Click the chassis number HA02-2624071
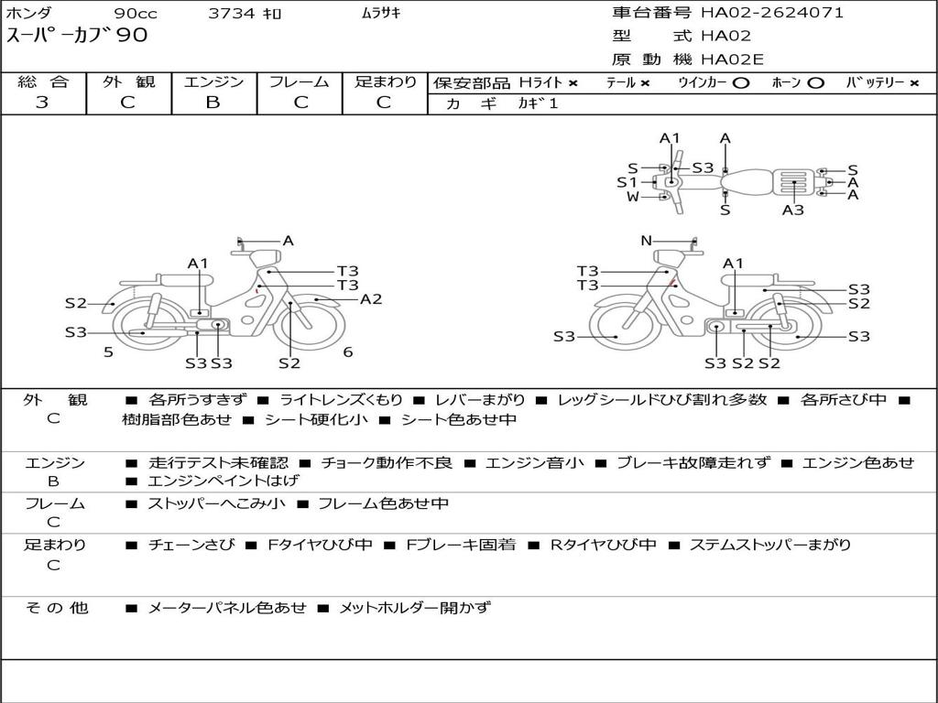[x=772, y=13]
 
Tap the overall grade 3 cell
[x=42, y=103]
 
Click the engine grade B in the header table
[x=213, y=103]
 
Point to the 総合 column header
[x=42, y=82]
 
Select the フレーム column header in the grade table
[x=299, y=82]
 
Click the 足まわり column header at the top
[x=385, y=82]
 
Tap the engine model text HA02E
[x=732, y=60]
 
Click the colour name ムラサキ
[x=382, y=14]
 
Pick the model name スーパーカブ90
[x=77, y=37]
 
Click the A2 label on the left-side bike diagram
[x=370, y=299]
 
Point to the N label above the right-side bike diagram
[x=647, y=241]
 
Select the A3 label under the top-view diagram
[x=793, y=210]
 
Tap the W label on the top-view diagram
[x=633, y=197]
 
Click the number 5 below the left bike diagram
[x=108, y=351]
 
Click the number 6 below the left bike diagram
[x=348, y=351]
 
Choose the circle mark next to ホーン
[x=815, y=83]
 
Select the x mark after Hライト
[x=573, y=83]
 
